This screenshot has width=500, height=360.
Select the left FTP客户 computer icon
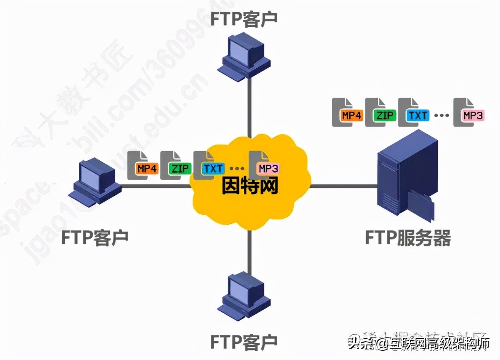[x=96, y=183]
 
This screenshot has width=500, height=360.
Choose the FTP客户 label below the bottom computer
[x=244, y=341]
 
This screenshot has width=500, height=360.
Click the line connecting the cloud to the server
[x=344, y=186]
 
